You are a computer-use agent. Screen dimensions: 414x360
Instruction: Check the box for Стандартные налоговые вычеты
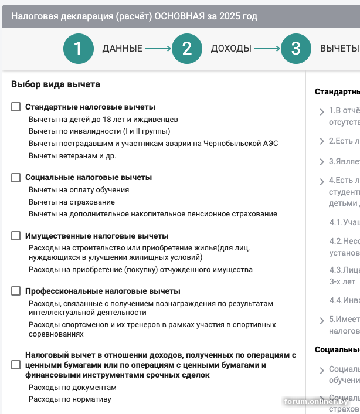tap(16, 107)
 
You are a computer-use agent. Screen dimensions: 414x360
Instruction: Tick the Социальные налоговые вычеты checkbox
tap(16, 177)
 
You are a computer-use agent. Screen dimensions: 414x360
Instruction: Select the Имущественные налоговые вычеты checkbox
tap(16, 236)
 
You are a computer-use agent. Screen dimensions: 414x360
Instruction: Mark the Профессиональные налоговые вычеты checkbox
tap(16, 291)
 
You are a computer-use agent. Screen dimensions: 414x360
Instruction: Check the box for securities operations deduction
tap(16, 365)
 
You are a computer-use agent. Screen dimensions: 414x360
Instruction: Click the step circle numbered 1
tap(79, 49)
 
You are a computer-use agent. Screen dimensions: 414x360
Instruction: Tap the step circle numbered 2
tap(187, 49)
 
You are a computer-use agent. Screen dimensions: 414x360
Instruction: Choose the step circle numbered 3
tap(296, 49)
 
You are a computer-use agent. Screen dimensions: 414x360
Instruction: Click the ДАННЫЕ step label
tap(122, 49)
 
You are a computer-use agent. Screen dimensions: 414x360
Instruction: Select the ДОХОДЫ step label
tap(231, 49)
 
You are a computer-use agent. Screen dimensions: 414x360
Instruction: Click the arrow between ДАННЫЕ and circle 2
tap(158, 49)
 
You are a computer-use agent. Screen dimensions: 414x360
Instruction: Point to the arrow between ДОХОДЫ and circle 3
tap(267, 49)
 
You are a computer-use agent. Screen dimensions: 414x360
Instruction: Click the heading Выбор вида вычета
tap(56, 84)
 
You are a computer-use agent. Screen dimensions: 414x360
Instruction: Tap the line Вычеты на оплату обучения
tap(79, 190)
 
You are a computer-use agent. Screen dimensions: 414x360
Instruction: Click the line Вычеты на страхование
tap(72, 202)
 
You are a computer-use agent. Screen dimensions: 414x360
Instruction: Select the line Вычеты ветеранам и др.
tap(73, 156)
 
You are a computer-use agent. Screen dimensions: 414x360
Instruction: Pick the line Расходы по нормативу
tap(70, 399)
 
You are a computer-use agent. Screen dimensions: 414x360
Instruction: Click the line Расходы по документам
tap(73, 388)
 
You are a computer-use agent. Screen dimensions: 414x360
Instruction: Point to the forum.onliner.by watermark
tap(317, 402)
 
